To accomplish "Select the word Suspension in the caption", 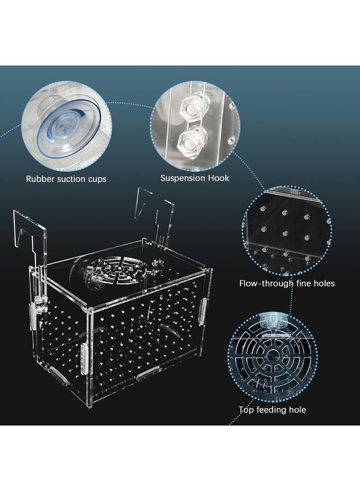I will (x=182, y=178).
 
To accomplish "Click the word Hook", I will (x=217, y=178).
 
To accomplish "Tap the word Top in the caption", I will (x=247, y=409).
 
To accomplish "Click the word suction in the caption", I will (x=69, y=179).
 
